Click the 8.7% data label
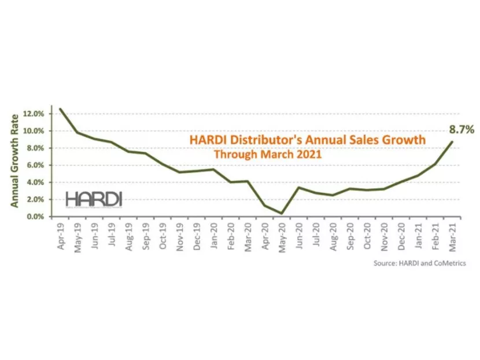(463, 130)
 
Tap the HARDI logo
(94, 199)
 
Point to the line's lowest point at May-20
(282, 214)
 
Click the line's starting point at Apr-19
(61, 109)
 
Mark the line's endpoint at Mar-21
(452, 142)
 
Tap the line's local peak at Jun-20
(298, 188)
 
